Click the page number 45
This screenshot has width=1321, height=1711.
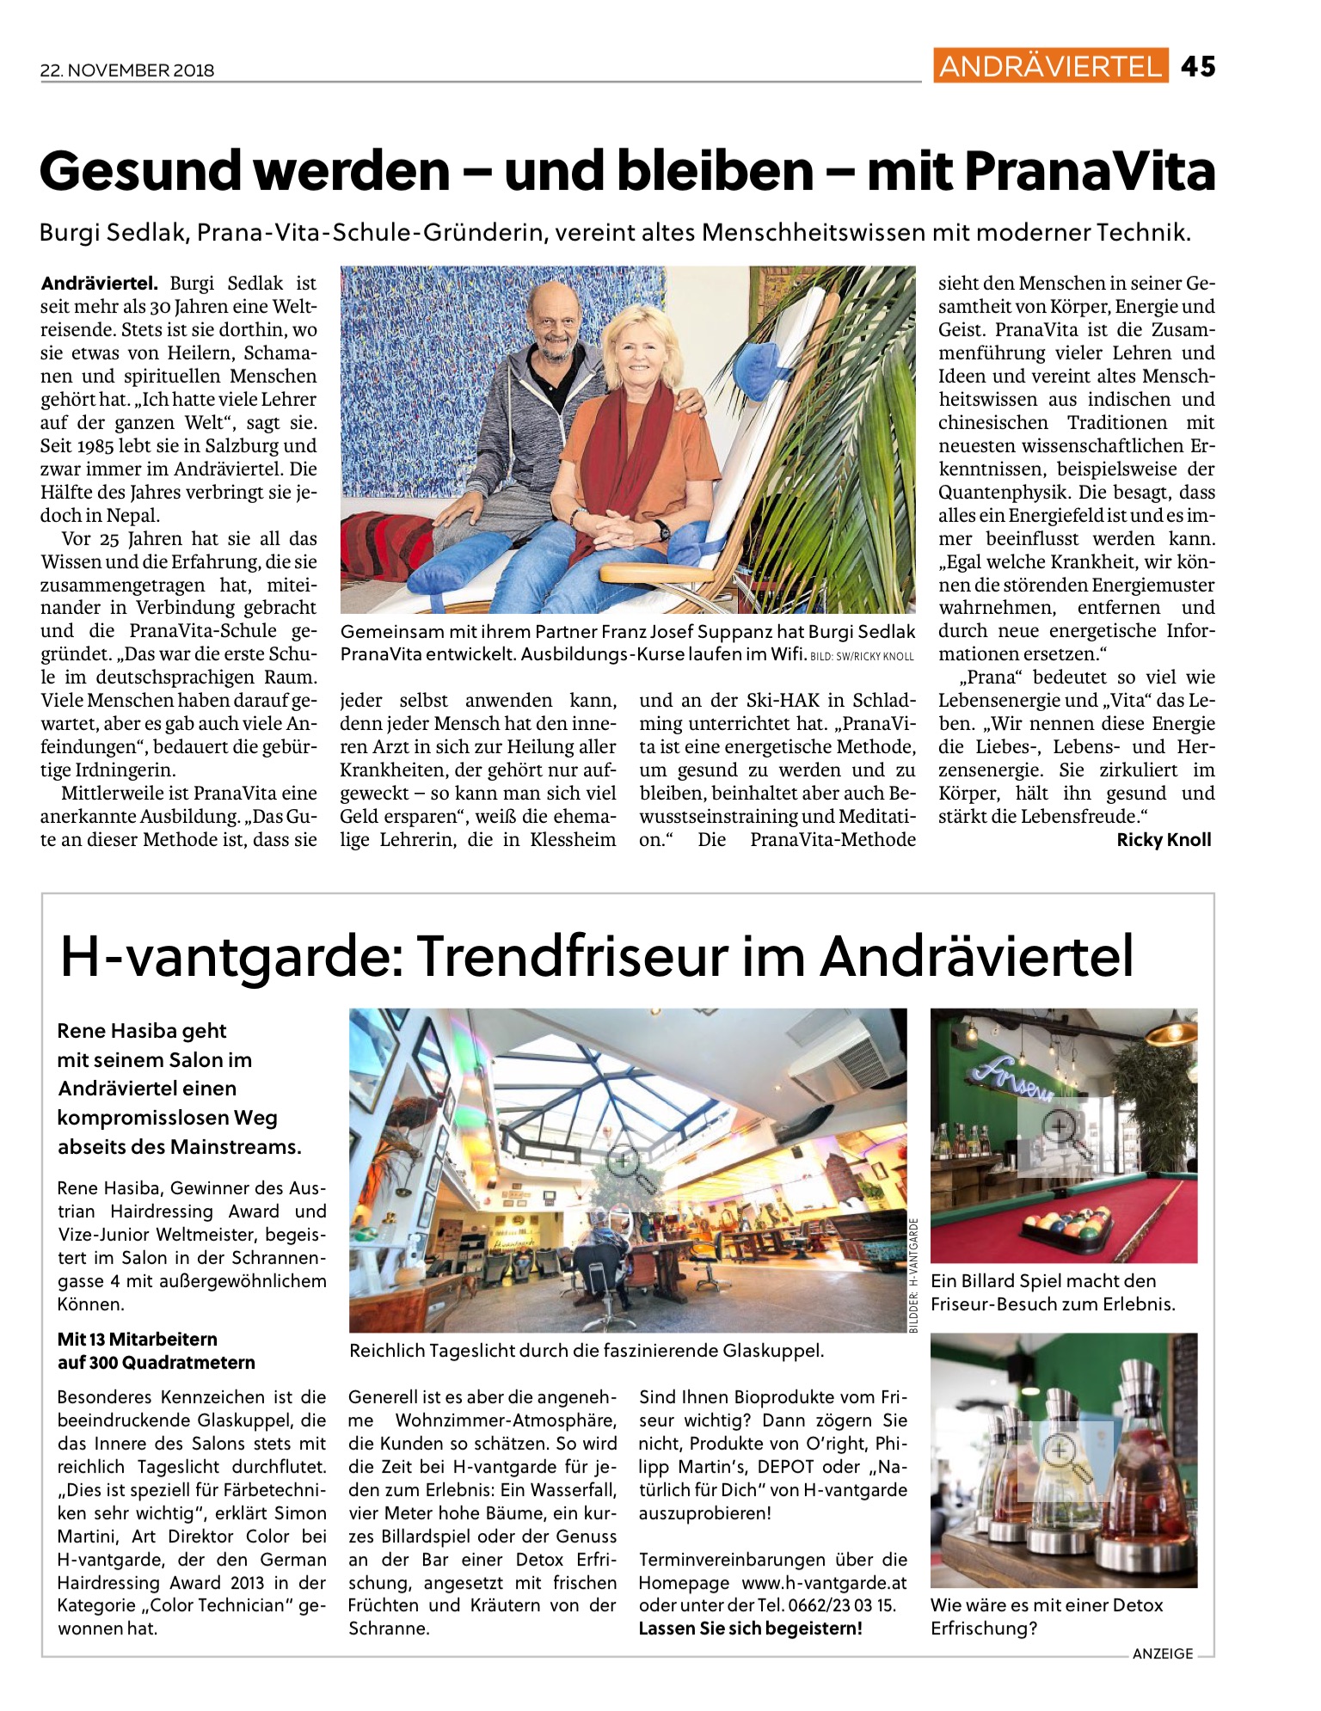click(1198, 66)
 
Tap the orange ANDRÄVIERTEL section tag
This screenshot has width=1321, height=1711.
click(1050, 66)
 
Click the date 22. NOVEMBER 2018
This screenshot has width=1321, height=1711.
click(127, 71)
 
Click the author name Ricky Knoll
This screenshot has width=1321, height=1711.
click(1164, 840)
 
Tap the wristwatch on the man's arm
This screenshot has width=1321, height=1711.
click(663, 530)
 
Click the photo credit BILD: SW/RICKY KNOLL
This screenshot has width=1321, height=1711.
click(862, 657)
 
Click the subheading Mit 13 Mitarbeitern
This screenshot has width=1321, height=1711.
click(138, 1339)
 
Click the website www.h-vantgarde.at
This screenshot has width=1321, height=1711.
click(824, 1583)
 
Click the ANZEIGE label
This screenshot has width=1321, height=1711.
click(1163, 1653)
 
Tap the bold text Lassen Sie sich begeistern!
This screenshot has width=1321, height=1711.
click(750, 1628)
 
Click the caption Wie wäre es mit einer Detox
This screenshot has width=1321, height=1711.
click(1047, 1605)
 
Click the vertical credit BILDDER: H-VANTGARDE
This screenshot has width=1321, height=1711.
click(914, 1275)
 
